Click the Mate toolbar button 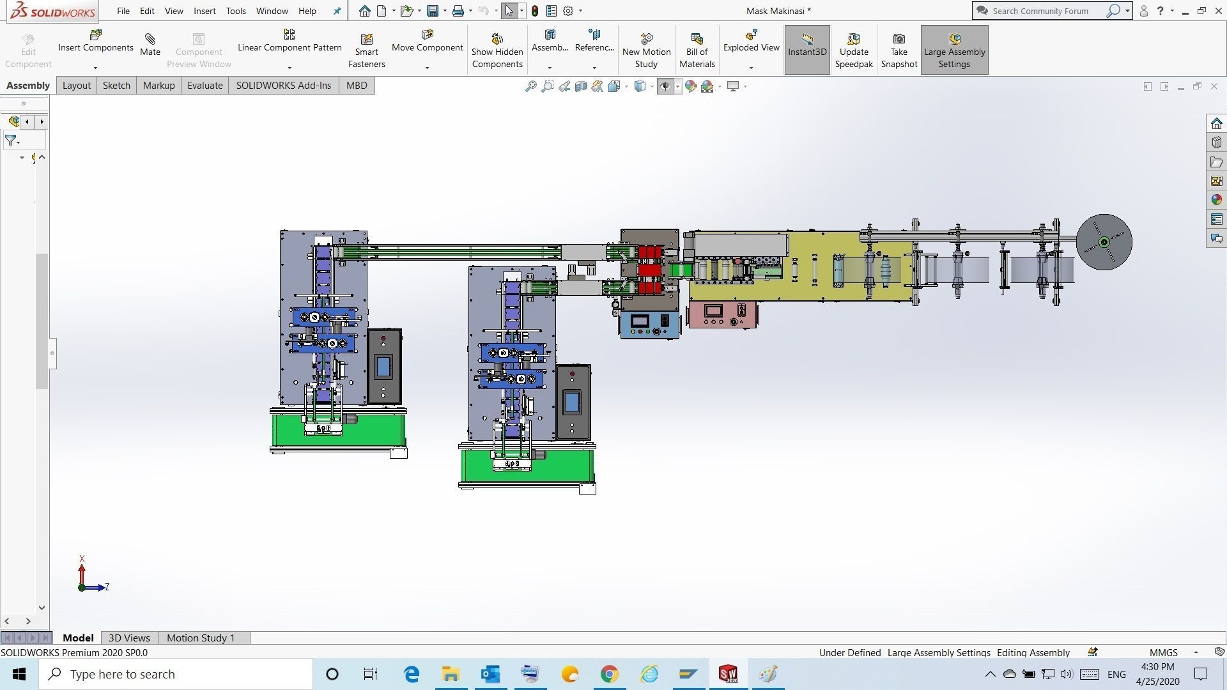[x=150, y=45]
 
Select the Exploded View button [x=751, y=42]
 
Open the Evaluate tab [x=204, y=86]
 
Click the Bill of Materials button [x=697, y=50]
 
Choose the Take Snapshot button [x=899, y=50]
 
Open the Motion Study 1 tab [x=201, y=638]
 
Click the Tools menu [x=236, y=11]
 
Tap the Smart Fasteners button [x=366, y=50]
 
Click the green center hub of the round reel [x=1104, y=242]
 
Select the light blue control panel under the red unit [x=648, y=324]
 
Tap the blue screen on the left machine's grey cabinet [x=383, y=366]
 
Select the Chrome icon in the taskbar [x=609, y=674]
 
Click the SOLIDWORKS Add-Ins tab [x=283, y=86]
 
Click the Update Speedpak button [x=853, y=50]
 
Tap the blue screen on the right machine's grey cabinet [x=572, y=402]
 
